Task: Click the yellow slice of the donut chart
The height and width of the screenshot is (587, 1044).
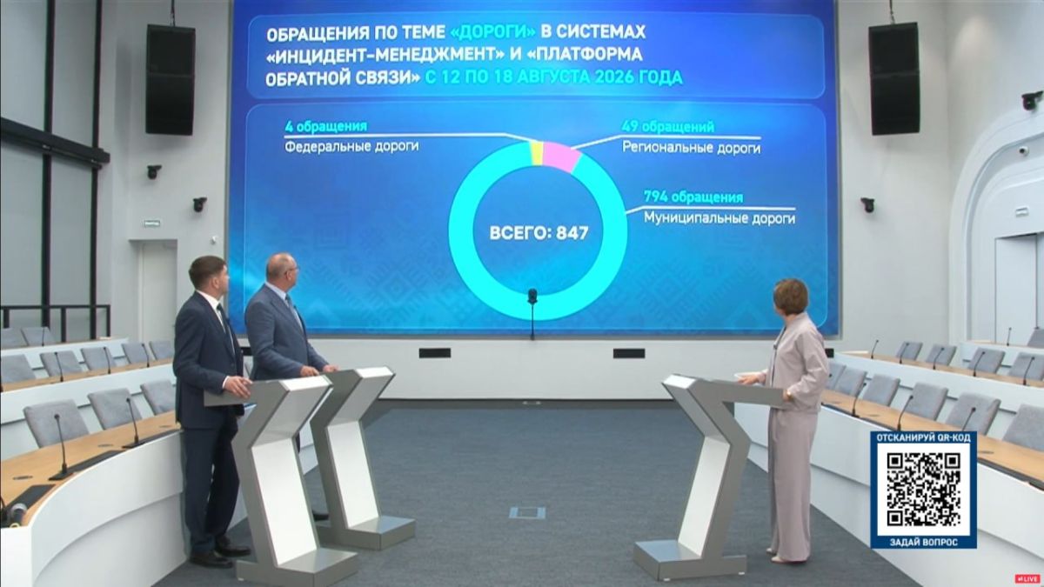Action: coord(537,153)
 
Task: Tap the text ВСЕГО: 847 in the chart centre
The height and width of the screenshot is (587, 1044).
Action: coord(539,233)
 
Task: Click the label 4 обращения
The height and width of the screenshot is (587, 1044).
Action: coord(325,126)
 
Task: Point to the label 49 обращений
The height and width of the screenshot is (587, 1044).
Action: coord(667,127)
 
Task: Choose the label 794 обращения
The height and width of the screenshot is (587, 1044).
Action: coord(693,197)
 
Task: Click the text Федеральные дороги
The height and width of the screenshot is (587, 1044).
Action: coord(351,147)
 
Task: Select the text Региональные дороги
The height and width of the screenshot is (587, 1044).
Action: coord(691,148)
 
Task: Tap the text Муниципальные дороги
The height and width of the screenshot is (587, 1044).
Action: coord(719,218)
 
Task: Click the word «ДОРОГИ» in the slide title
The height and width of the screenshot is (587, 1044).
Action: coord(492,33)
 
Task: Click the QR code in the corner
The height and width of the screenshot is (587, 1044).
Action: coord(923,490)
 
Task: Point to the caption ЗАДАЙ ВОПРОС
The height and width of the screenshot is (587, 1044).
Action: coord(923,543)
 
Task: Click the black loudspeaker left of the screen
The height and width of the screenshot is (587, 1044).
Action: coord(171,80)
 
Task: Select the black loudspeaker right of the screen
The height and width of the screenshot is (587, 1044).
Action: coord(893,79)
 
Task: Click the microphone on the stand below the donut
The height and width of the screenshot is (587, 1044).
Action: coord(532,296)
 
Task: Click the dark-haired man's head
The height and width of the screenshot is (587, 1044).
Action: coord(209,276)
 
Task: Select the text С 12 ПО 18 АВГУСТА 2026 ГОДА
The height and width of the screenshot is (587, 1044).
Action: coord(553,77)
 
